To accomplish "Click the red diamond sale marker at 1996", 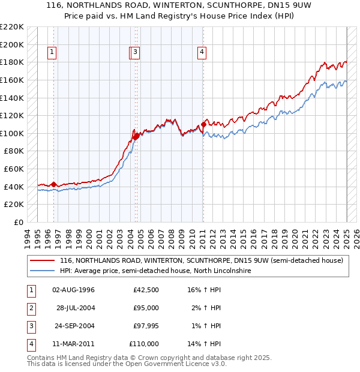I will point(54,184).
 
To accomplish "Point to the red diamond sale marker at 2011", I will point(204,122).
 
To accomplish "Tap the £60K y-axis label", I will point(14,169).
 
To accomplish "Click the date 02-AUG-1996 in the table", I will point(74,290).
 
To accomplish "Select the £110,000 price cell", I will point(144,344).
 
